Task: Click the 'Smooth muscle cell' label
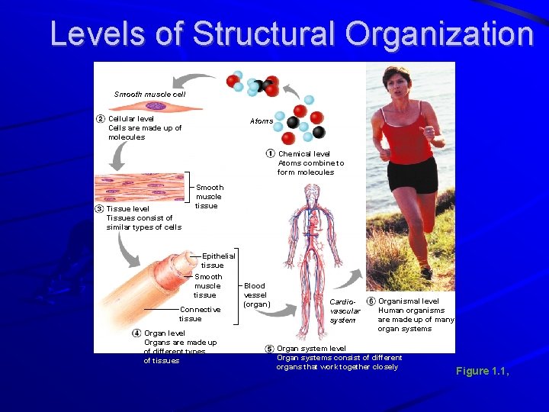[149, 95]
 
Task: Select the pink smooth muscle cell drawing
[157, 106]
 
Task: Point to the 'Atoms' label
[262, 121]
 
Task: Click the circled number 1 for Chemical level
[271, 153]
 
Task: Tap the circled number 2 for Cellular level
[100, 118]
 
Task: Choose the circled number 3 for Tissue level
[99, 208]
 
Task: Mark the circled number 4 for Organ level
[136, 333]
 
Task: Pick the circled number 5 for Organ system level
[269, 349]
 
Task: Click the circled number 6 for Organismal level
[371, 301]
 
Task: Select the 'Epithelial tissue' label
[217, 260]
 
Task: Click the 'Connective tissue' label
[199, 314]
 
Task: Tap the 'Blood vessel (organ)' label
[255, 295]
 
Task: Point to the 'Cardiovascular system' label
[344, 311]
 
